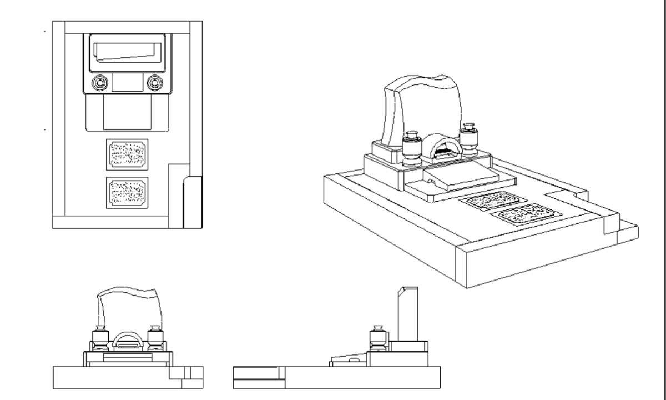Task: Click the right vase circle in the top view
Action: [x=154, y=83]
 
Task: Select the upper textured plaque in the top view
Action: [x=127, y=154]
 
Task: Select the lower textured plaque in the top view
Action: [x=127, y=192]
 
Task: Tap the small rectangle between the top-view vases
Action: [x=127, y=83]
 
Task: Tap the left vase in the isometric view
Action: [x=412, y=147]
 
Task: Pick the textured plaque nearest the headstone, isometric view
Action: [x=488, y=200]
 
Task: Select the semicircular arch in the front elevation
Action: [x=128, y=340]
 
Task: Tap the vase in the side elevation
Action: [x=377, y=340]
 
